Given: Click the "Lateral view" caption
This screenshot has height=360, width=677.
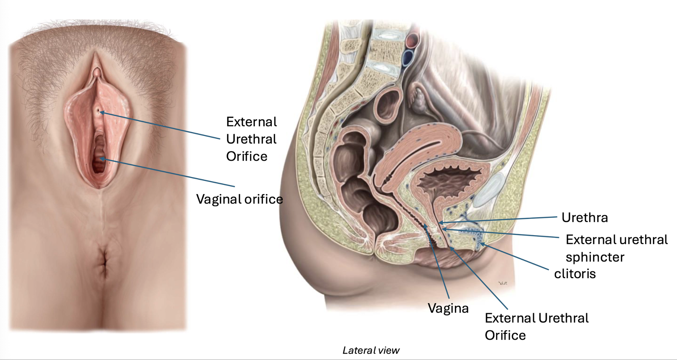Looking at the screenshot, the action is tap(371, 351).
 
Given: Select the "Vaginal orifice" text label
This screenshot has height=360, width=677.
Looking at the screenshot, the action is tap(239, 199).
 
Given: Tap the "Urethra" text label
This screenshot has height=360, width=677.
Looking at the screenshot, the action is tap(585, 218).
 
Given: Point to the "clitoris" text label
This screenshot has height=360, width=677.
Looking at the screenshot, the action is tap(575, 274).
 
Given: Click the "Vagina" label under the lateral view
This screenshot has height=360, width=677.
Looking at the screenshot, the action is tap(448, 308).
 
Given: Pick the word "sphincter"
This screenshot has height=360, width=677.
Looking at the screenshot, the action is tap(595, 257).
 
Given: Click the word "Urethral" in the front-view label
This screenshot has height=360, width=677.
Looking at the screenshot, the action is tap(251, 139).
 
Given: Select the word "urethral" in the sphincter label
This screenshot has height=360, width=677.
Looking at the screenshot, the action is tap(638, 240).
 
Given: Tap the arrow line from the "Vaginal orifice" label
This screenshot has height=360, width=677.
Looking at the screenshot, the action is tap(169, 173).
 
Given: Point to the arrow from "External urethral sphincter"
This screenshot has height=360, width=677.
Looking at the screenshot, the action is tap(501, 233).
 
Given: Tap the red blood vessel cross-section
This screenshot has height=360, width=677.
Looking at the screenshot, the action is tap(413, 40).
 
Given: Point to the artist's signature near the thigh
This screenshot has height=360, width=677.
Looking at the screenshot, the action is tap(502, 283).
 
